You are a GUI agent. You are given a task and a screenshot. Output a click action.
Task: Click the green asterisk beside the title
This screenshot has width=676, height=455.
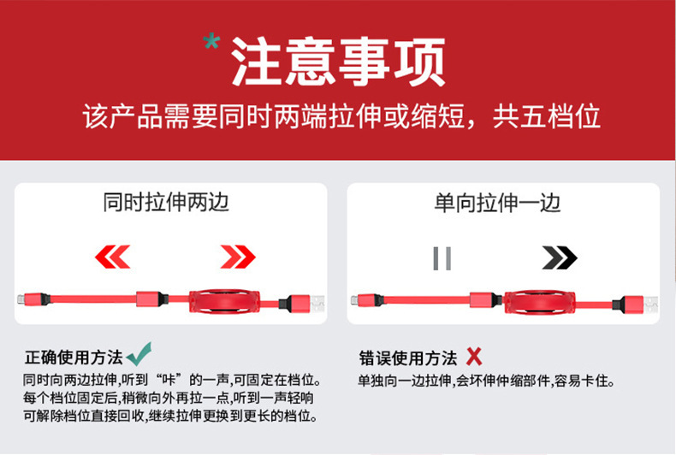(212, 42)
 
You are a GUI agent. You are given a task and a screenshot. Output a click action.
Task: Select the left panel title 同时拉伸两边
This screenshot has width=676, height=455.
(166, 203)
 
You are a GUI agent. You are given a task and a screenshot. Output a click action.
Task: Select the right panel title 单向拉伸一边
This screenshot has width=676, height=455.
(497, 203)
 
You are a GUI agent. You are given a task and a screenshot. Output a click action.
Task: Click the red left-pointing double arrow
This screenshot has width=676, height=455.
(112, 256)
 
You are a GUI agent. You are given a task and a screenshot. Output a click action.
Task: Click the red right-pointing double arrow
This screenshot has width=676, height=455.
(237, 256)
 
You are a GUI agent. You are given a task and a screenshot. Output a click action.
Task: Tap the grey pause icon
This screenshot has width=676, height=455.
(442, 257)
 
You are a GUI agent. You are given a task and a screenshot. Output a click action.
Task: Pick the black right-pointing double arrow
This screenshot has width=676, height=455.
(559, 257)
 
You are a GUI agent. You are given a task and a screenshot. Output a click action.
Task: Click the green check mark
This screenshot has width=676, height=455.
(139, 355)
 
